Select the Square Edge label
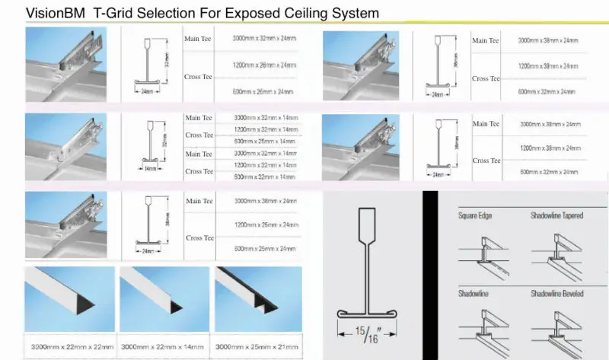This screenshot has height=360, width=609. [x=475, y=216]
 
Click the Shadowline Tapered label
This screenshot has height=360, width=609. [x=556, y=216]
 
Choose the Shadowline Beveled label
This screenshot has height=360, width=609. [x=556, y=294]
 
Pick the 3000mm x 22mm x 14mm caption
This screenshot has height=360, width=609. [x=162, y=346]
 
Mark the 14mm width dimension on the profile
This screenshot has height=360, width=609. [x=151, y=167]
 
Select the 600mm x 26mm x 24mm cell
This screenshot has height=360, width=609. [x=263, y=92]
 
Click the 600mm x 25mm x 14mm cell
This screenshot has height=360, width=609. [x=266, y=142]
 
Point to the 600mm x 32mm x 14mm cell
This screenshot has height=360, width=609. [x=266, y=177]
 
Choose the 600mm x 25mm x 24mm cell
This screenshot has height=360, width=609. [x=264, y=249]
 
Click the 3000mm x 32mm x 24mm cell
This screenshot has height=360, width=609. [x=264, y=39]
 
